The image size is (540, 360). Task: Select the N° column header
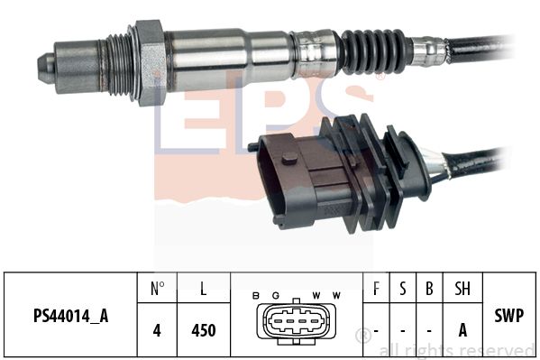[x=157, y=290]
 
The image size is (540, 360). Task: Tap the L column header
[x=204, y=290]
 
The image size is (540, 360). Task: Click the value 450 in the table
[x=204, y=330]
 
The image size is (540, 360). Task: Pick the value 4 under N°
[x=157, y=330]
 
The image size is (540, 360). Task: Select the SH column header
[x=462, y=290]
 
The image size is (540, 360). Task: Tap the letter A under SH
[x=462, y=330]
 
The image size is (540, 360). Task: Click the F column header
[x=376, y=290]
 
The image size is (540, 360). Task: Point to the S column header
[x=403, y=290]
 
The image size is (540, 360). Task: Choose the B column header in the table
[x=430, y=290]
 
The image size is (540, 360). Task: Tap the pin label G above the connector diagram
[x=276, y=296]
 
